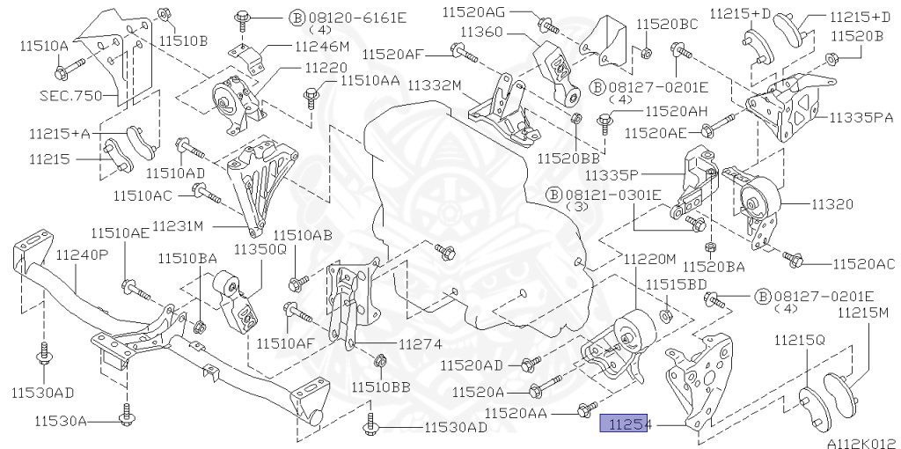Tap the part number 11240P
[82, 254]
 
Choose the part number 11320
[831, 204]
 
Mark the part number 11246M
[321, 46]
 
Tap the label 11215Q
[799, 339]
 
